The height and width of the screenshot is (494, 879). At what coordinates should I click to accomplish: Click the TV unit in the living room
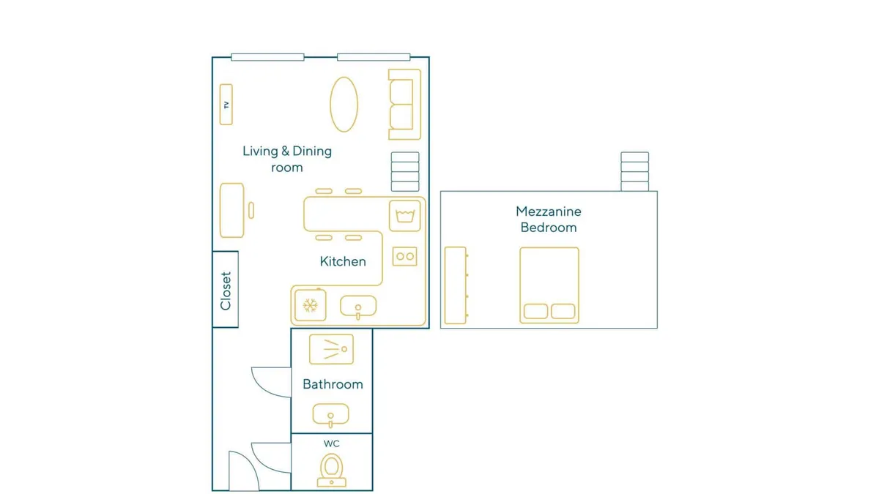226,104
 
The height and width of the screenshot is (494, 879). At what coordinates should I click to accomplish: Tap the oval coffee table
344,104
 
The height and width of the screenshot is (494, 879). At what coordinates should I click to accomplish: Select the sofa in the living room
404,104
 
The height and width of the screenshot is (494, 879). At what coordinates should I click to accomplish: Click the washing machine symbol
405,216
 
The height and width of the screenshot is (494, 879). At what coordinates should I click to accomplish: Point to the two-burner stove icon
405,256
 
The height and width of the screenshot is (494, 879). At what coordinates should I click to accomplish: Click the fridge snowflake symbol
310,305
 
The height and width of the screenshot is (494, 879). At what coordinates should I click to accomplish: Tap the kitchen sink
358,307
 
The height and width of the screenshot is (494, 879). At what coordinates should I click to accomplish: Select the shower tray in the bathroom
331,349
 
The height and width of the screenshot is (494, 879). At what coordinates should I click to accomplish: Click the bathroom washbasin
331,415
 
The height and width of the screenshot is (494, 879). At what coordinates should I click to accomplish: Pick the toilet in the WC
332,470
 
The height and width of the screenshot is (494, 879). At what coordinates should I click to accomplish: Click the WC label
332,444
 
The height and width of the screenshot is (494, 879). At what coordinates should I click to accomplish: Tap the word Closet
226,291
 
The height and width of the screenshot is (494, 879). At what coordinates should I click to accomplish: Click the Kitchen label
343,261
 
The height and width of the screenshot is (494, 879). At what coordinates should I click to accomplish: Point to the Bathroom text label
333,384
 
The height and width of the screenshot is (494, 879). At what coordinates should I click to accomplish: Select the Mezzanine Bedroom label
549,220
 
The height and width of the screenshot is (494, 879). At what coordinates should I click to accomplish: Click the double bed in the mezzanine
549,285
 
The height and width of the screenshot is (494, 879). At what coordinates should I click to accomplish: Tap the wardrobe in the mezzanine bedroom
456,285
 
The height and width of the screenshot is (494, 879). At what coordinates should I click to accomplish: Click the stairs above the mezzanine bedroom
634,172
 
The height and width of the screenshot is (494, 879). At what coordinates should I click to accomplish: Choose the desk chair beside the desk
251,211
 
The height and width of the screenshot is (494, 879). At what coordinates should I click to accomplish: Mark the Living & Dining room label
287,160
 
